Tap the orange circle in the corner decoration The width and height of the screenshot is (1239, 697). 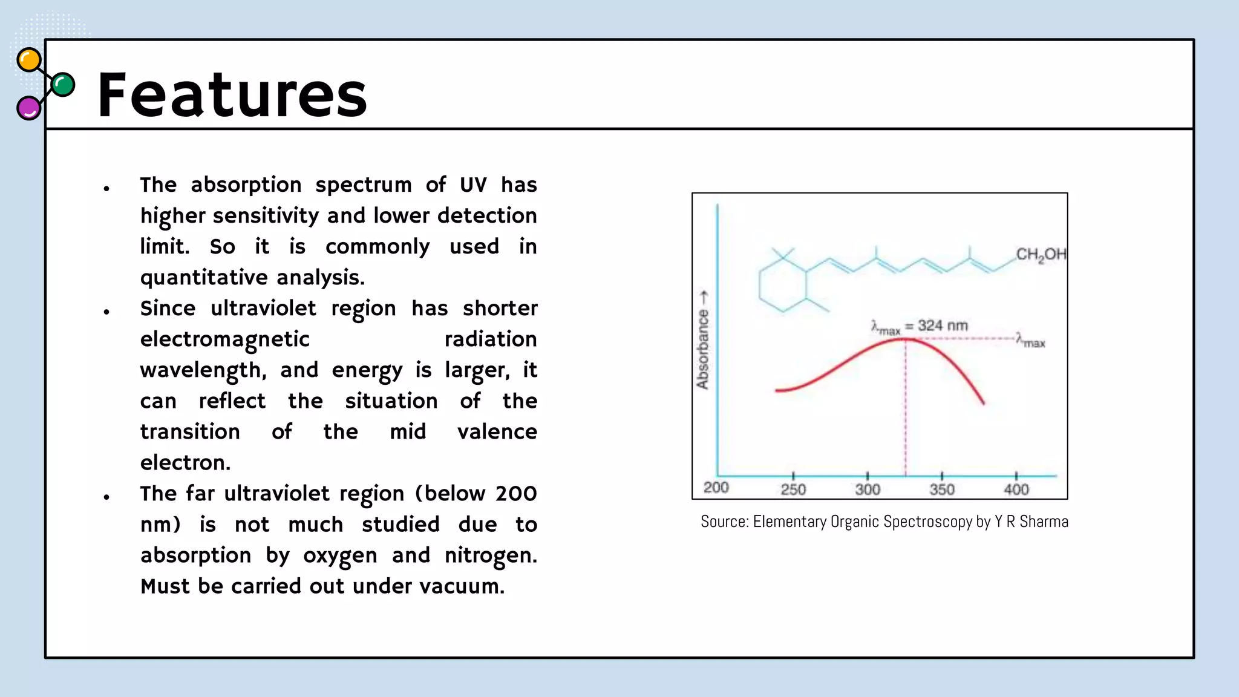tap(29, 61)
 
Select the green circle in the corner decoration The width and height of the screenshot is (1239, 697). tap(63, 85)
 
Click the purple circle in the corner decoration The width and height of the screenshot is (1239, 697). tap(28, 108)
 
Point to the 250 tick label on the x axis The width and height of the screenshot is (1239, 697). tap(793, 489)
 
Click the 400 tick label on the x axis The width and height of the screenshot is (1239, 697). tap(1016, 489)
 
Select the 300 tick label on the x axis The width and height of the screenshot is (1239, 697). tap(867, 489)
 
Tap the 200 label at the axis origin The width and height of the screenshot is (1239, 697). tap(716, 488)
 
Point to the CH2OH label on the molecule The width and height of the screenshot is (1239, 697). tap(1041, 255)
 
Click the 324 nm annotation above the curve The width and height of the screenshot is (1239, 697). tap(942, 326)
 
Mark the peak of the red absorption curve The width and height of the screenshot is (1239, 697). tap(905, 339)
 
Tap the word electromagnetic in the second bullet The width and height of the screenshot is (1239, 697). tap(225, 339)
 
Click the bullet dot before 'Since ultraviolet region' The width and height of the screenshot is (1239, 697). tap(106, 312)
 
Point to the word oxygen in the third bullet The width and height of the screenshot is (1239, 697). tap(340, 555)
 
